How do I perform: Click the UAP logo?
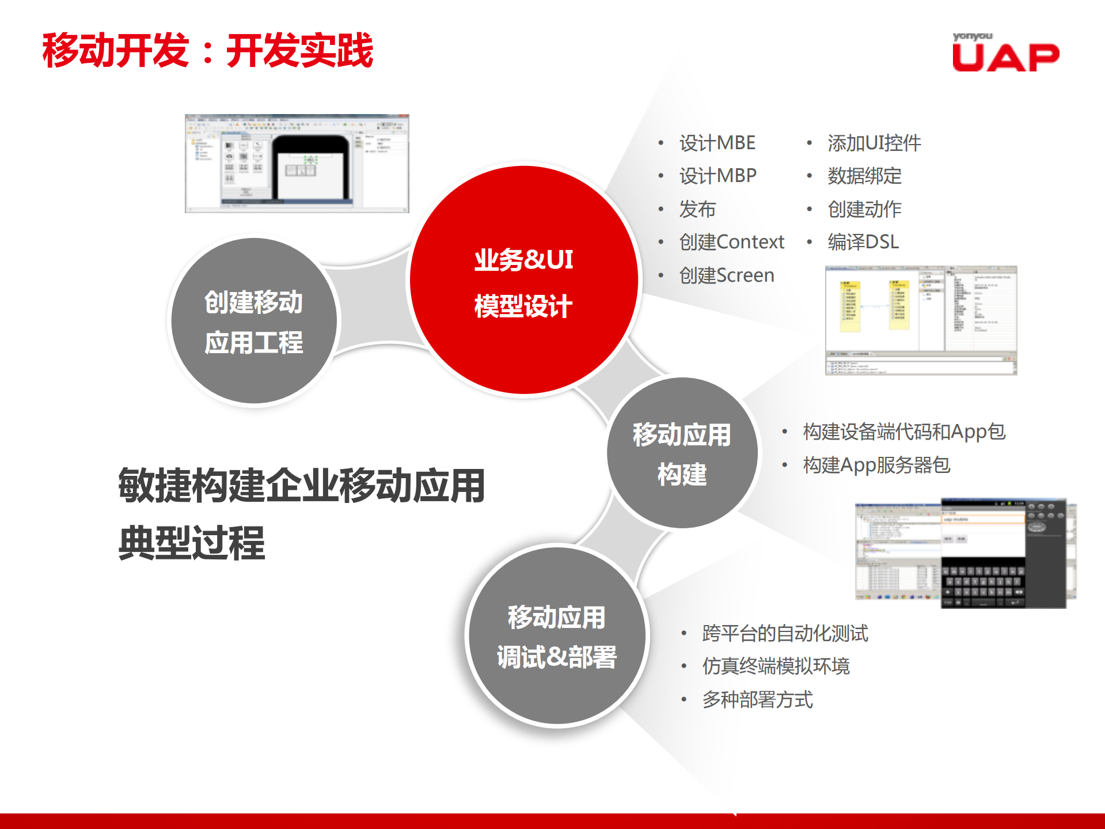pos(1005,54)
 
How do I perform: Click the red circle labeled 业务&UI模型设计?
pos(523,281)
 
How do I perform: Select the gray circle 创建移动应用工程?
pos(253,321)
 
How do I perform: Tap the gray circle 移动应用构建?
pos(682,453)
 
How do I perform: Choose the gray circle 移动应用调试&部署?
pos(556,636)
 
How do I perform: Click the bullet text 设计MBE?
pos(717,143)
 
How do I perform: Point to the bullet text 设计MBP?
pos(717,176)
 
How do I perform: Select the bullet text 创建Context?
pos(731,242)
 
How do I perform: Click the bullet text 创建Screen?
pos(726,275)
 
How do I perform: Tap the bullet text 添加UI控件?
pos(874,143)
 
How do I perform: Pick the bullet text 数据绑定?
pos(864,176)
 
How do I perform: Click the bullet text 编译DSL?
pos(863,242)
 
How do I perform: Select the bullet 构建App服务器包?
pos(876,465)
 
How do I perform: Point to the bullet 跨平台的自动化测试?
pos(784,633)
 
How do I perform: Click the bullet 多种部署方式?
pos(757,699)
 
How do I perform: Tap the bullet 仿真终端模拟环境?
pos(775,666)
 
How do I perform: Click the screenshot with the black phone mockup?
pos(297,164)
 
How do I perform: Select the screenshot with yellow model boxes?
pos(921,320)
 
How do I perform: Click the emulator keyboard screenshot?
pos(965,553)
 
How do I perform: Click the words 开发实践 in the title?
pos(299,51)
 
